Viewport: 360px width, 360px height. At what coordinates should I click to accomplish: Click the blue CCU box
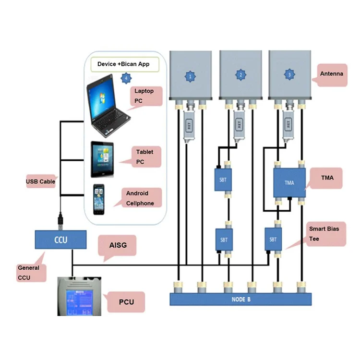click(61, 239)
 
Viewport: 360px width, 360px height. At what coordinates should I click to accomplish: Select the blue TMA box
click(289, 182)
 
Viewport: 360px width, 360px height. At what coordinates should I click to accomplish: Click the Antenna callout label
click(332, 74)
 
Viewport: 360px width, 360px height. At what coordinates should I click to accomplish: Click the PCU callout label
click(126, 302)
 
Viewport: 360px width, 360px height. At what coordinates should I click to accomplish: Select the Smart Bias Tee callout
click(327, 233)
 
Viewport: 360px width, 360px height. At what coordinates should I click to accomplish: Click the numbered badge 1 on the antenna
click(191, 75)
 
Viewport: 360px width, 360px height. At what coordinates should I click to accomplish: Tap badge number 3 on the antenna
click(289, 75)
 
